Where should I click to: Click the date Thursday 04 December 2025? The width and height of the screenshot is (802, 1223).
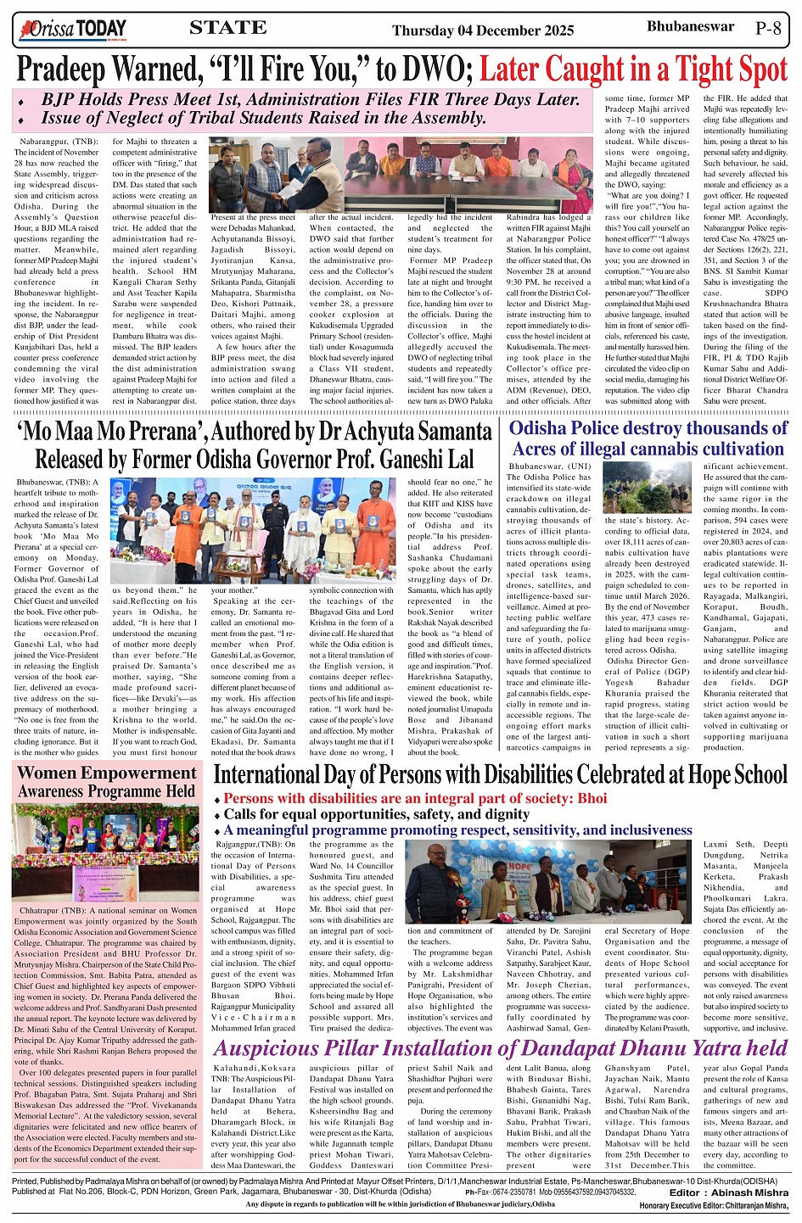pyautogui.click(x=483, y=31)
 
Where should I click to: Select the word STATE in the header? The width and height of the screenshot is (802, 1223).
pyautogui.click(x=227, y=28)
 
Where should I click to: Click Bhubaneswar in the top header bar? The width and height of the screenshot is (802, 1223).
pyautogui.click(x=690, y=26)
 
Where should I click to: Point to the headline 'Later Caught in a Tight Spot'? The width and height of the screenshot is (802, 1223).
pyautogui.click(x=633, y=69)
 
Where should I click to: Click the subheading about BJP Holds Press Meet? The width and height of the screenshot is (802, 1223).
pyautogui.click(x=310, y=100)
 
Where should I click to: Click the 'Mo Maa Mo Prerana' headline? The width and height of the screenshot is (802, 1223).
pyautogui.click(x=255, y=445)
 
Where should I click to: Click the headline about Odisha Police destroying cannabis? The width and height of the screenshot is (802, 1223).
pyautogui.click(x=648, y=438)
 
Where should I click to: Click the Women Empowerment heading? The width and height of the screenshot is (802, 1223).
pyautogui.click(x=106, y=782)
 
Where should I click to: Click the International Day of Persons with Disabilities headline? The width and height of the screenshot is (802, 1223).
pyautogui.click(x=500, y=774)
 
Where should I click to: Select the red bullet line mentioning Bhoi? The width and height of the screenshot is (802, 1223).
pyautogui.click(x=415, y=798)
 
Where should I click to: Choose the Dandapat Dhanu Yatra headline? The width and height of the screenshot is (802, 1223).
pyautogui.click(x=500, y=1048)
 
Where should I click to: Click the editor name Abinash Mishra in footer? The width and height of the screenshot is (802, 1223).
pyautogui.click(x=741, y=1192)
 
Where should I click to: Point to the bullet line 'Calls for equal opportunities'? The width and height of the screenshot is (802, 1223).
pyautogui.click(x=376, y=814)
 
